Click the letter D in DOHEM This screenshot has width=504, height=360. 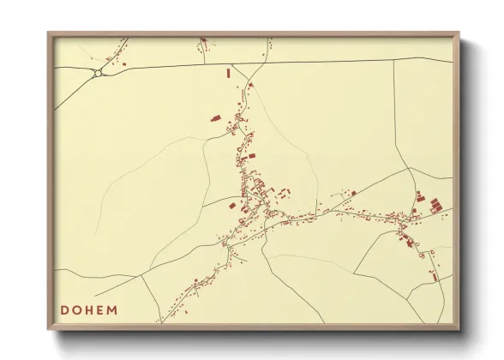pyautogui.click(x=65, y=309)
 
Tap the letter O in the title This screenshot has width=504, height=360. pyautogui.click(x=78, y=309)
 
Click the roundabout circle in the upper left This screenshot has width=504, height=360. pyautogui.click(x=99, y=74)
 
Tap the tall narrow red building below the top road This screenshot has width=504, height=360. pyautogui.click(x=228, y=74)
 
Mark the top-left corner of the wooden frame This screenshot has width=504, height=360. pyautogui.click(x=49, y=33)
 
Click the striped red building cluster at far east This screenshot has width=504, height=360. pyautogui.click(x=435, y=205)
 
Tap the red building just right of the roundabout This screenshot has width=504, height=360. pyautogui.click(x=124, y=64)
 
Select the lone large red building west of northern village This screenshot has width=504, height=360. pyautogui.click(x=215, y=117)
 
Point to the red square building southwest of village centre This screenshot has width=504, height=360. pyautogui.click(x=232, y=205)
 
